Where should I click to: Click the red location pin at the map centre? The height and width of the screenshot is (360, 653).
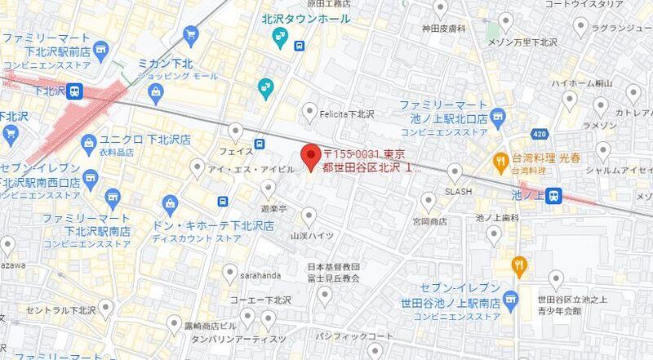pos(310,155)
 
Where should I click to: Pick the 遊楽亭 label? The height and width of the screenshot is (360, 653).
pos(273,208)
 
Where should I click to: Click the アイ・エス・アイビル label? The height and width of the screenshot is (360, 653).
pos(246,170)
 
